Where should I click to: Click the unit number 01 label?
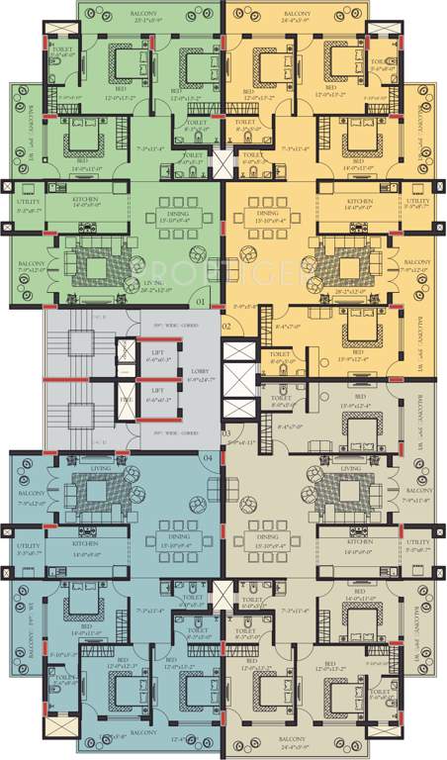pyautogui.click(x=200, y=301)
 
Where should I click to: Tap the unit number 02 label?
pyautogui.click(x=225, y=326)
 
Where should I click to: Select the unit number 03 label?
pyautogui.click(x=225, y=433)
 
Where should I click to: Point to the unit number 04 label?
pyautogui.click(x=208, y=457)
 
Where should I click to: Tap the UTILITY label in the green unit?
pyautogui.click(x=27, y=201)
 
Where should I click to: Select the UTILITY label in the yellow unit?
pyautogui.click(x=418, y=201)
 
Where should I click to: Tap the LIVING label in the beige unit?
pyautogui.click(x=348, y=469)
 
